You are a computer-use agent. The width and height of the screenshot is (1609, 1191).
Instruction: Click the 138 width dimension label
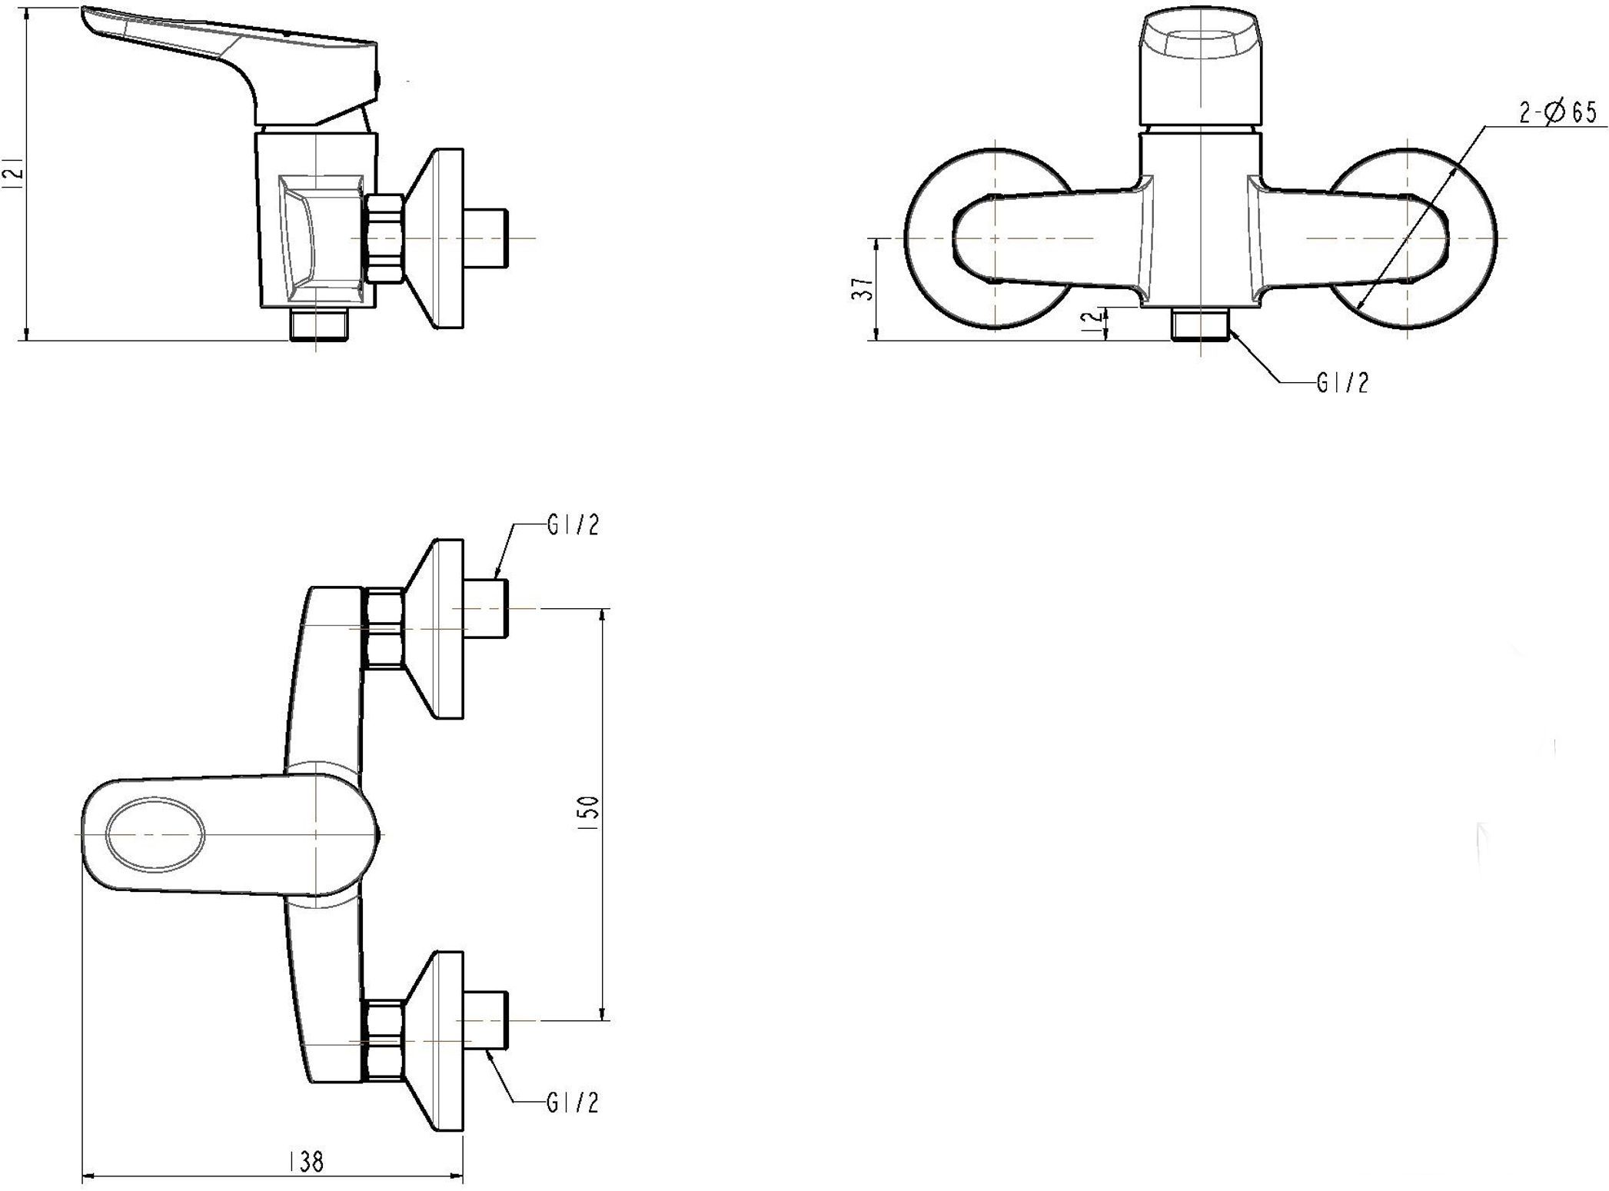coord(306,1162)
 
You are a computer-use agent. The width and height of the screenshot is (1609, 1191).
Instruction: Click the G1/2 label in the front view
coord(1343,383)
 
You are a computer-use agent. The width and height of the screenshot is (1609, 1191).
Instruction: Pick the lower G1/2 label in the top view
coord(573,1103)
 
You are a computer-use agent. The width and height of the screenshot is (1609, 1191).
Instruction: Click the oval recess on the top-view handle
coord(156,834)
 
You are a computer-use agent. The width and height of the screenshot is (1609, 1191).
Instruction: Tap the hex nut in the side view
coord(385,238)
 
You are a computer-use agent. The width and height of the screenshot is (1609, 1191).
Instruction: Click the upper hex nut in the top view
coord(384,628)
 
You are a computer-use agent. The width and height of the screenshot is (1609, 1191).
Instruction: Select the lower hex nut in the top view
coord(384,1040)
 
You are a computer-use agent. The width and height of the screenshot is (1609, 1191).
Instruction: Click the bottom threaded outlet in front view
coord(1200,324)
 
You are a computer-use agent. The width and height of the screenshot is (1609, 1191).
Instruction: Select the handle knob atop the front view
coord(1200,70)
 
